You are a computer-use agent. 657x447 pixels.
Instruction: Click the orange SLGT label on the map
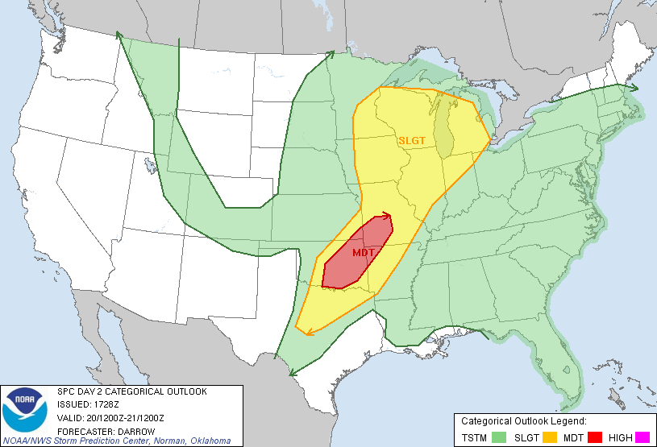(411, 139)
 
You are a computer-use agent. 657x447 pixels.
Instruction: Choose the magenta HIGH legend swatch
(642, 437)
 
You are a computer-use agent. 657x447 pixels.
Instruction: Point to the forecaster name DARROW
(134, 430)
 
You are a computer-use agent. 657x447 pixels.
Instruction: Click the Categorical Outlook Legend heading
(523, 421)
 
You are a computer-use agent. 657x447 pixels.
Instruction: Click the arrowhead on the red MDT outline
(388, 215)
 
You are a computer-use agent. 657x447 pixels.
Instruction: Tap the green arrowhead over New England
(634, 87)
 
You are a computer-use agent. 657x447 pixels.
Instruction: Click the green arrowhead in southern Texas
(293, 372)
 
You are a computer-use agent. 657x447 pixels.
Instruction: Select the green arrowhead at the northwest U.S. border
(119, 35)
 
